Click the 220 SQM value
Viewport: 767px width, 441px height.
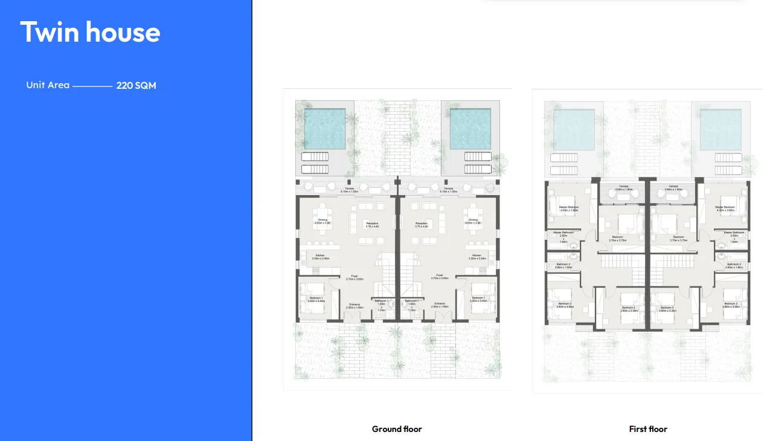tap(136, 86)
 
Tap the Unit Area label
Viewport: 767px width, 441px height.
tap(48, 85)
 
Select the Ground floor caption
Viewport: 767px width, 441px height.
tap(397, 429)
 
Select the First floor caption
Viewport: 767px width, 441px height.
tap(648, 429)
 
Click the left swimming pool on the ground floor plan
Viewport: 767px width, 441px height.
tap(324, 129)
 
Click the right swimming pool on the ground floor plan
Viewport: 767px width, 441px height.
tap(470, 129)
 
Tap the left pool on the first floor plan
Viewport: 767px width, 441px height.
tap(574, 129)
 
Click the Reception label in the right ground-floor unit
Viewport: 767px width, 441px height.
tap(422, 224)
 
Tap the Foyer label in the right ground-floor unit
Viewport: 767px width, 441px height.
tap(439, 275)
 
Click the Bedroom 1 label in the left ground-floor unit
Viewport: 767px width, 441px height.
tap(316, 298)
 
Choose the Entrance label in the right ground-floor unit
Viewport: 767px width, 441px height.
tap(439, 304)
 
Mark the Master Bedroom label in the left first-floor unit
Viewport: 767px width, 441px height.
tap(568, 207)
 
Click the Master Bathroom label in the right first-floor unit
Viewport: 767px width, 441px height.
tap(734, 233)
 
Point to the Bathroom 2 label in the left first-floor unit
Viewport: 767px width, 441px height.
tap(563, 264)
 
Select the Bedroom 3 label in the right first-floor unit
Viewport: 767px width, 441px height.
tap(667, 307)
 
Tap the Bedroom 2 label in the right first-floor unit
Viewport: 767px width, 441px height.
tap(731, 303)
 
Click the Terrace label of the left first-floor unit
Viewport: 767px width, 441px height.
tap(624, 187)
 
